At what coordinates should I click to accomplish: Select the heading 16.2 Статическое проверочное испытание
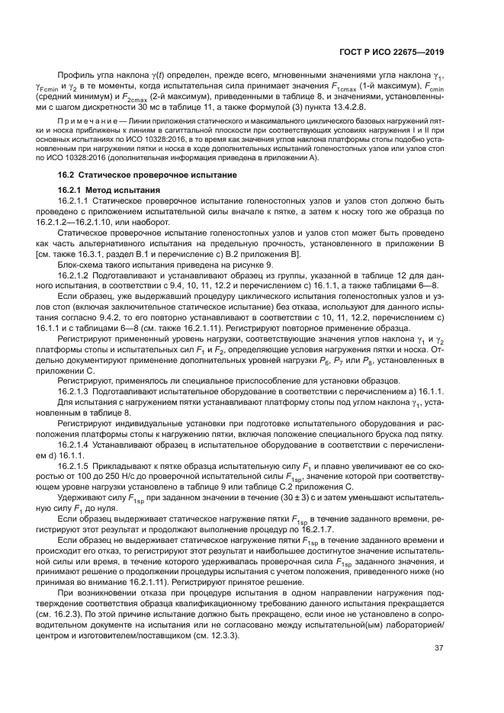tap(152, 197)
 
